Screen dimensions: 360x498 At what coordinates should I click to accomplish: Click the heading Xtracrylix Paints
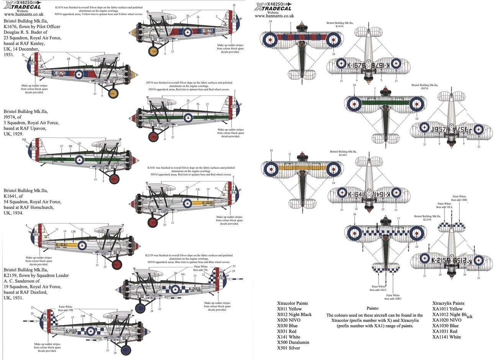pyautogui.click(x=448, y=303)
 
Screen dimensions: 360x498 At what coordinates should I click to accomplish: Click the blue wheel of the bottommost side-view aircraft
pyautogui.click(x=125, y=350)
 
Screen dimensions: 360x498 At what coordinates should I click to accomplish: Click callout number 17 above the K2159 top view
pyautogui.click(x=398, y=219)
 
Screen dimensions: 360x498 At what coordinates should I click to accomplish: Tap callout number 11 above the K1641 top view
pyautogui.click(x=290, y=154)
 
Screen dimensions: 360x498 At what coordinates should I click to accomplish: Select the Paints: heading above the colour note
pyautogui.click(x=373, y=308)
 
